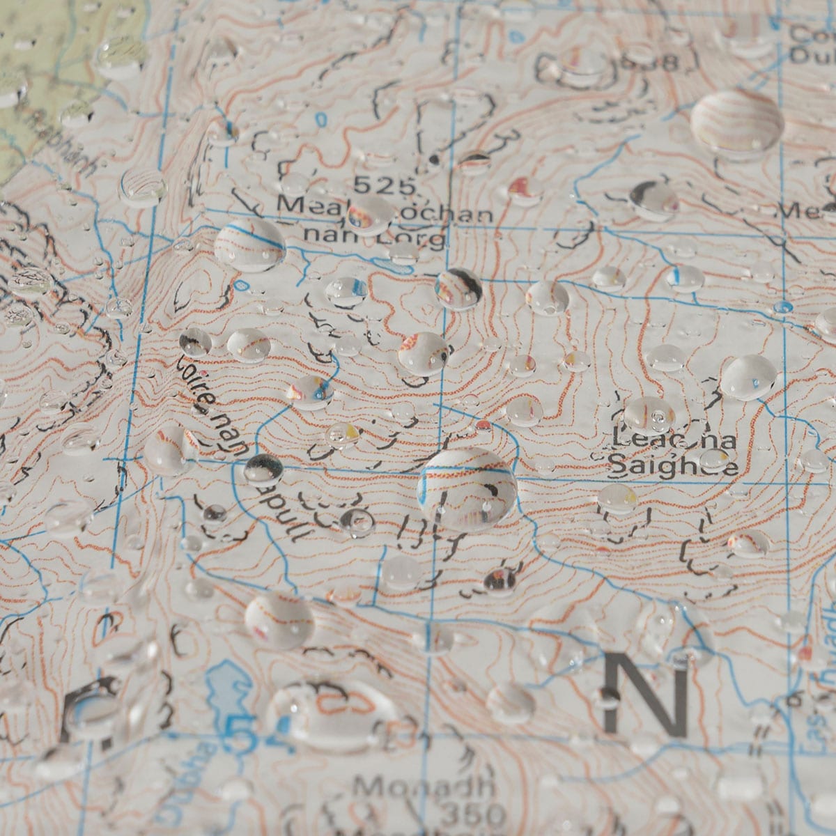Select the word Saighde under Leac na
point(673,465)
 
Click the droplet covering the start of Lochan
point(369,212)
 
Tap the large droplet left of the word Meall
point(250,244)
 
